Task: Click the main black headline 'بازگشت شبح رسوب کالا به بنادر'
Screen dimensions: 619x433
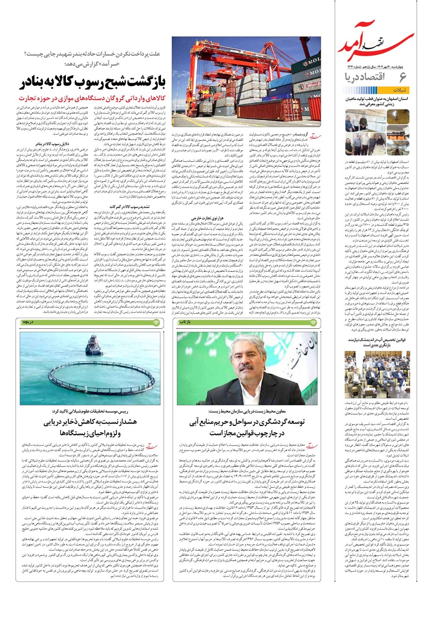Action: pos(93,84)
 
